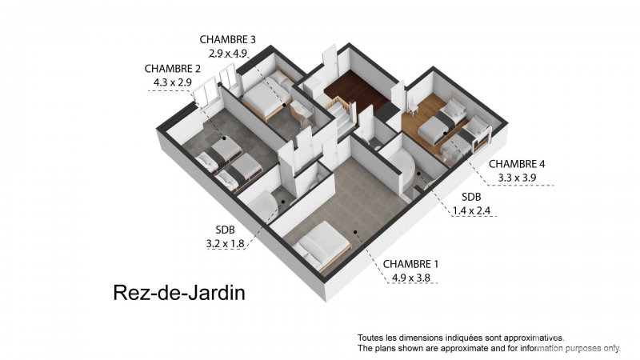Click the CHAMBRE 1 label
[x=410, y=264]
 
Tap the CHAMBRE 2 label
[x=172, y=69]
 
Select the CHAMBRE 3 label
[x=227, y=39]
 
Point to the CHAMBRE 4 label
[x=517, y=164]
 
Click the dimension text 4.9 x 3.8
[x=411, y=278]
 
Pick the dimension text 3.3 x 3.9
[x=517, y=178]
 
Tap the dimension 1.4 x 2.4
[x=471, y=211]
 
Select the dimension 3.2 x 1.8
[x=225, y=244]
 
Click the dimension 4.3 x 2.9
[x=172, y=82]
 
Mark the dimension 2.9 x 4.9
[x=228, y=54]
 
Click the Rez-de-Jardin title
[x=179, y=293]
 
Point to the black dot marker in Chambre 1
[x=355, y=232]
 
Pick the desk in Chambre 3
[x=301, y=110]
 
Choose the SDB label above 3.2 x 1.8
[x=226, y=230]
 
